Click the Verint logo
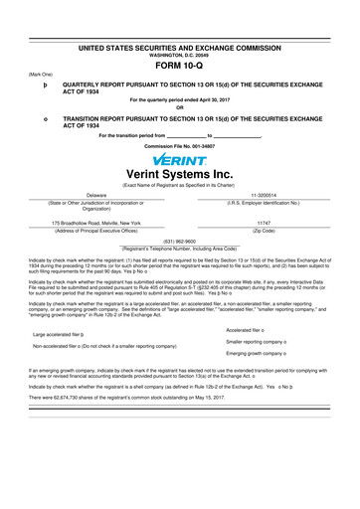click(x=180, y=159)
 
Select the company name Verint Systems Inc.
click(x=180, y=177)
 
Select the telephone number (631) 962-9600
click(x=179, y=241)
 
